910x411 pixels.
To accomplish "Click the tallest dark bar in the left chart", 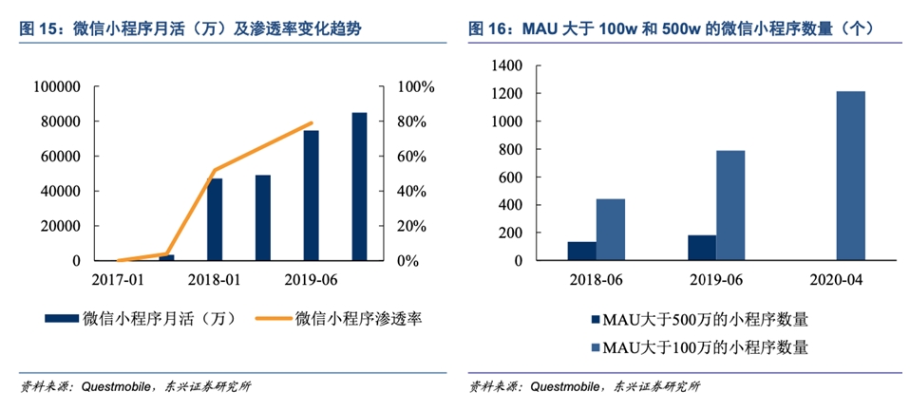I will click(x=359, y=186).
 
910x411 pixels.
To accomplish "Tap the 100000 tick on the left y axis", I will click(x=58, y=87).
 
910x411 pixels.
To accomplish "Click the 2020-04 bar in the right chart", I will click(x=851, y=176).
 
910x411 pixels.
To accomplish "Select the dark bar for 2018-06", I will click(x=581, y=251).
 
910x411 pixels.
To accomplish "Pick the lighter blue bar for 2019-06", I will click(x=730, y=205).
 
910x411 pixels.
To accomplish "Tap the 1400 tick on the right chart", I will click(x=507, y=66).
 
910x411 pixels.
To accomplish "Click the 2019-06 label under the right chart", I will click(x=716, y=282).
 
